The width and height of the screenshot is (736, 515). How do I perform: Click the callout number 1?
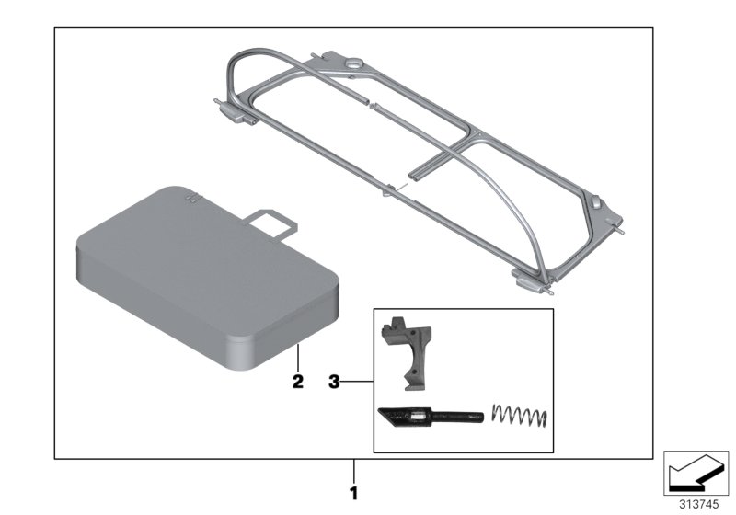353,493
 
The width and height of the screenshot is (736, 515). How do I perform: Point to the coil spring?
521,417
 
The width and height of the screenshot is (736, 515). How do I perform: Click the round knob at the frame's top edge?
351,65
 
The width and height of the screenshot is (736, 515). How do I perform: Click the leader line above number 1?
353,470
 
